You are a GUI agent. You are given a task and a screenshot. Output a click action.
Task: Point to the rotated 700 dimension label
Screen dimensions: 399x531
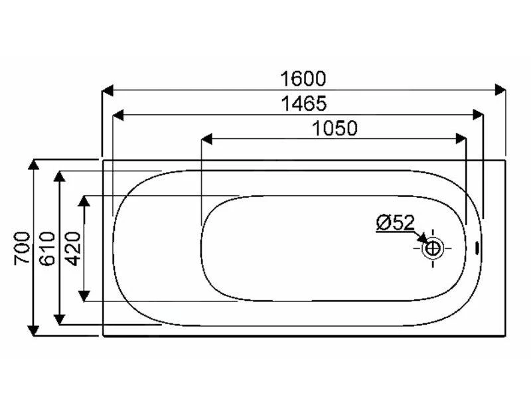tap(21, 248)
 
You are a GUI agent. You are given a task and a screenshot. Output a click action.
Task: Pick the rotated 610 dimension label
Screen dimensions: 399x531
tap(46, 248)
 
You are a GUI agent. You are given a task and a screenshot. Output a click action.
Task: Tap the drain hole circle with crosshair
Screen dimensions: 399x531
tap(433, 249)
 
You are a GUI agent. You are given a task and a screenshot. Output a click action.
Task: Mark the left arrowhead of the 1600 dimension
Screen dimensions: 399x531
tap(107, 90)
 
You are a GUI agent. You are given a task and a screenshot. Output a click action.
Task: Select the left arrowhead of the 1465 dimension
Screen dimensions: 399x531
tap(119, 115)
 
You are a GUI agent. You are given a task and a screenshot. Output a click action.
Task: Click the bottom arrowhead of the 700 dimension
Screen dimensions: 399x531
tap(33, 330)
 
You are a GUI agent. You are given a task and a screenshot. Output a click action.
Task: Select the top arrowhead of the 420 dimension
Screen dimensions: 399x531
tap(84, 201)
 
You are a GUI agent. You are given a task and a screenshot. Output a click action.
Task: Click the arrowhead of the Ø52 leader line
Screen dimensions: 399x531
tap(424, 242)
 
